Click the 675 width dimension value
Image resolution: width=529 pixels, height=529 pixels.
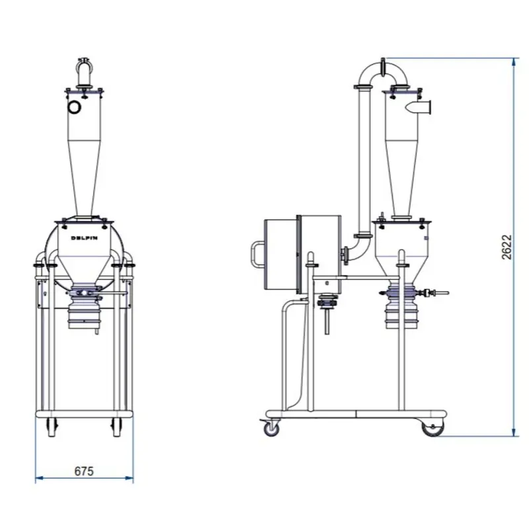coord(84,471)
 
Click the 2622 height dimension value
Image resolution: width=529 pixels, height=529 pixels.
coord(507,247)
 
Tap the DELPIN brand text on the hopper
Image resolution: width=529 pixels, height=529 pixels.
coord(85,238)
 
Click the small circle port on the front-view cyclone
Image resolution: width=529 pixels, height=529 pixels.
coord(74,107)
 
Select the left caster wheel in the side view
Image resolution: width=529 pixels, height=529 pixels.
coord(271,429)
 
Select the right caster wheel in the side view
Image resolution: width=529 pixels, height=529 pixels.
coord(433,428)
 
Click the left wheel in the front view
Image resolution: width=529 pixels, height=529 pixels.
coord(52,427)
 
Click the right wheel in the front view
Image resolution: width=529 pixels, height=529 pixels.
coord(117,427)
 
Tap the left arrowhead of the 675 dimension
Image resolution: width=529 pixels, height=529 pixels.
coord(39,477)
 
